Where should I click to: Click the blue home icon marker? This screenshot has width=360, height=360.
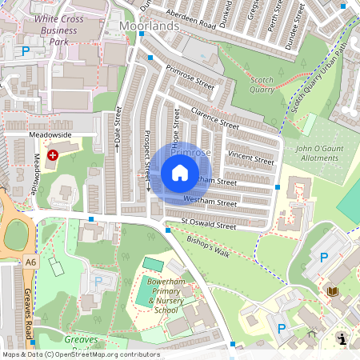click(180, 172)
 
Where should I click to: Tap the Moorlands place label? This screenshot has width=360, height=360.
click(149, 26)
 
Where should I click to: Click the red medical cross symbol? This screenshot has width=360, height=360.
click(53, 154)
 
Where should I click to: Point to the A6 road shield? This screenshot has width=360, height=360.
click(30, 262)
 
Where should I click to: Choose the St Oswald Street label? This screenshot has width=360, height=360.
click(208, 226)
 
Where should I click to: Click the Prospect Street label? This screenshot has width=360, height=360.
click(147, 160)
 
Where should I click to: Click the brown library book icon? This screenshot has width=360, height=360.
click(332, 291)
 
